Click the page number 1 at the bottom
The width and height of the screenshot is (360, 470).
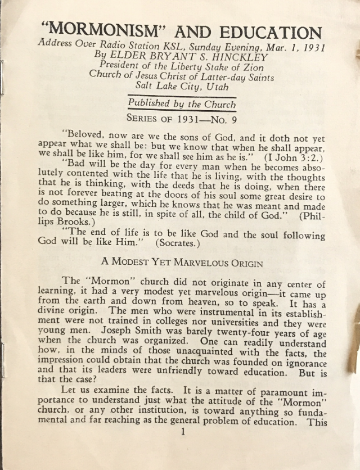tap(182, 448)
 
